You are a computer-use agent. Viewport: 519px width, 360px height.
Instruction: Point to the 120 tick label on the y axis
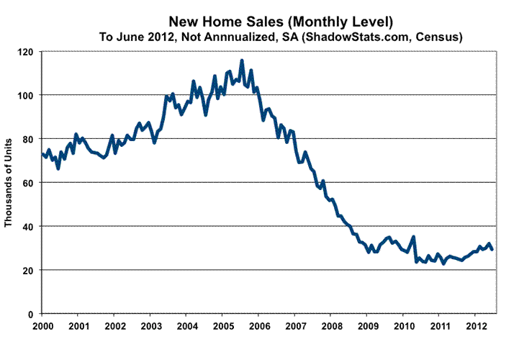click(27, 52)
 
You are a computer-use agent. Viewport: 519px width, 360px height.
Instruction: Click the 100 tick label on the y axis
click(27, 95)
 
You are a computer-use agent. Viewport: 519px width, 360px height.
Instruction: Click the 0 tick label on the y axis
click(32, 314)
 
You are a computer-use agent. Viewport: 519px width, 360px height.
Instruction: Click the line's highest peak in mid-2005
click(242, 60)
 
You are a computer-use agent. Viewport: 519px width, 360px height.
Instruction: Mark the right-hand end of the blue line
click(492, 249)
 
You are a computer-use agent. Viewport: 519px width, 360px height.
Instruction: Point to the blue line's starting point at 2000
click(42, 153)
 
